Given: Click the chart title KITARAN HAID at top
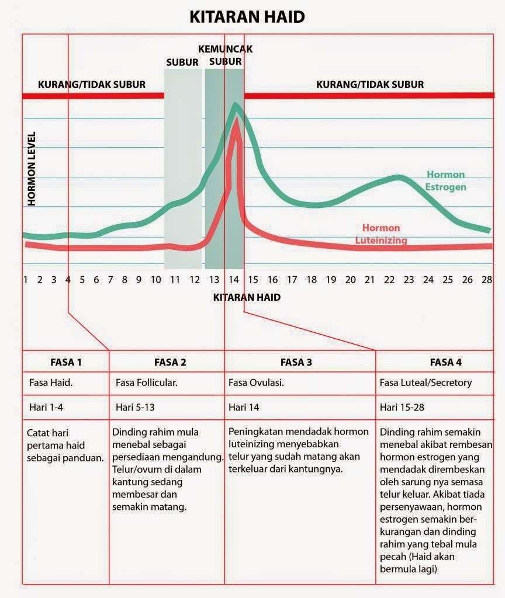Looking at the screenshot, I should pos(247,17).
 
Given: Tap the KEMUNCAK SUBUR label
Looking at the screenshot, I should pos(225,55).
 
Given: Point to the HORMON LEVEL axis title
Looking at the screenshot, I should pos(32,168).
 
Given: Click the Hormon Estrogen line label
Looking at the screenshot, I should pos(445,181).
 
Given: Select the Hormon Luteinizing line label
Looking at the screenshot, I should pos(381,234).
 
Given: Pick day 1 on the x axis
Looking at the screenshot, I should pos(26,279).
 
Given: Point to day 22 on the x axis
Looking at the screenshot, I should pos(389,279).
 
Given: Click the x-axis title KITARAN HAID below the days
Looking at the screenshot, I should pos(247,297).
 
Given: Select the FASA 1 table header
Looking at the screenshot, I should pos(65,362).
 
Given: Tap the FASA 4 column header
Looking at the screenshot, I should pos(445,362).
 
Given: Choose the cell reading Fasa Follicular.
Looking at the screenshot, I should pos(147,384).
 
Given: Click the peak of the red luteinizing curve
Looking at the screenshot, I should pos(236,120).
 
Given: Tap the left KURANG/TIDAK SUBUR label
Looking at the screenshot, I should pos(92,85).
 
